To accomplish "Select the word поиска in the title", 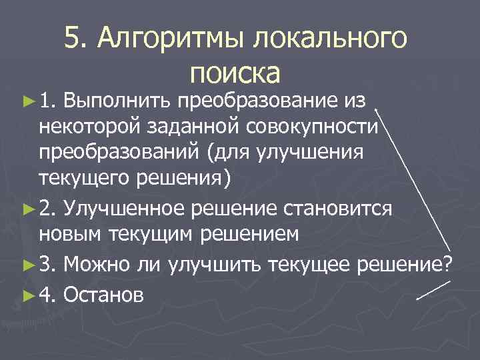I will [235, 73].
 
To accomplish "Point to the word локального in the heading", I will [329, 40].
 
